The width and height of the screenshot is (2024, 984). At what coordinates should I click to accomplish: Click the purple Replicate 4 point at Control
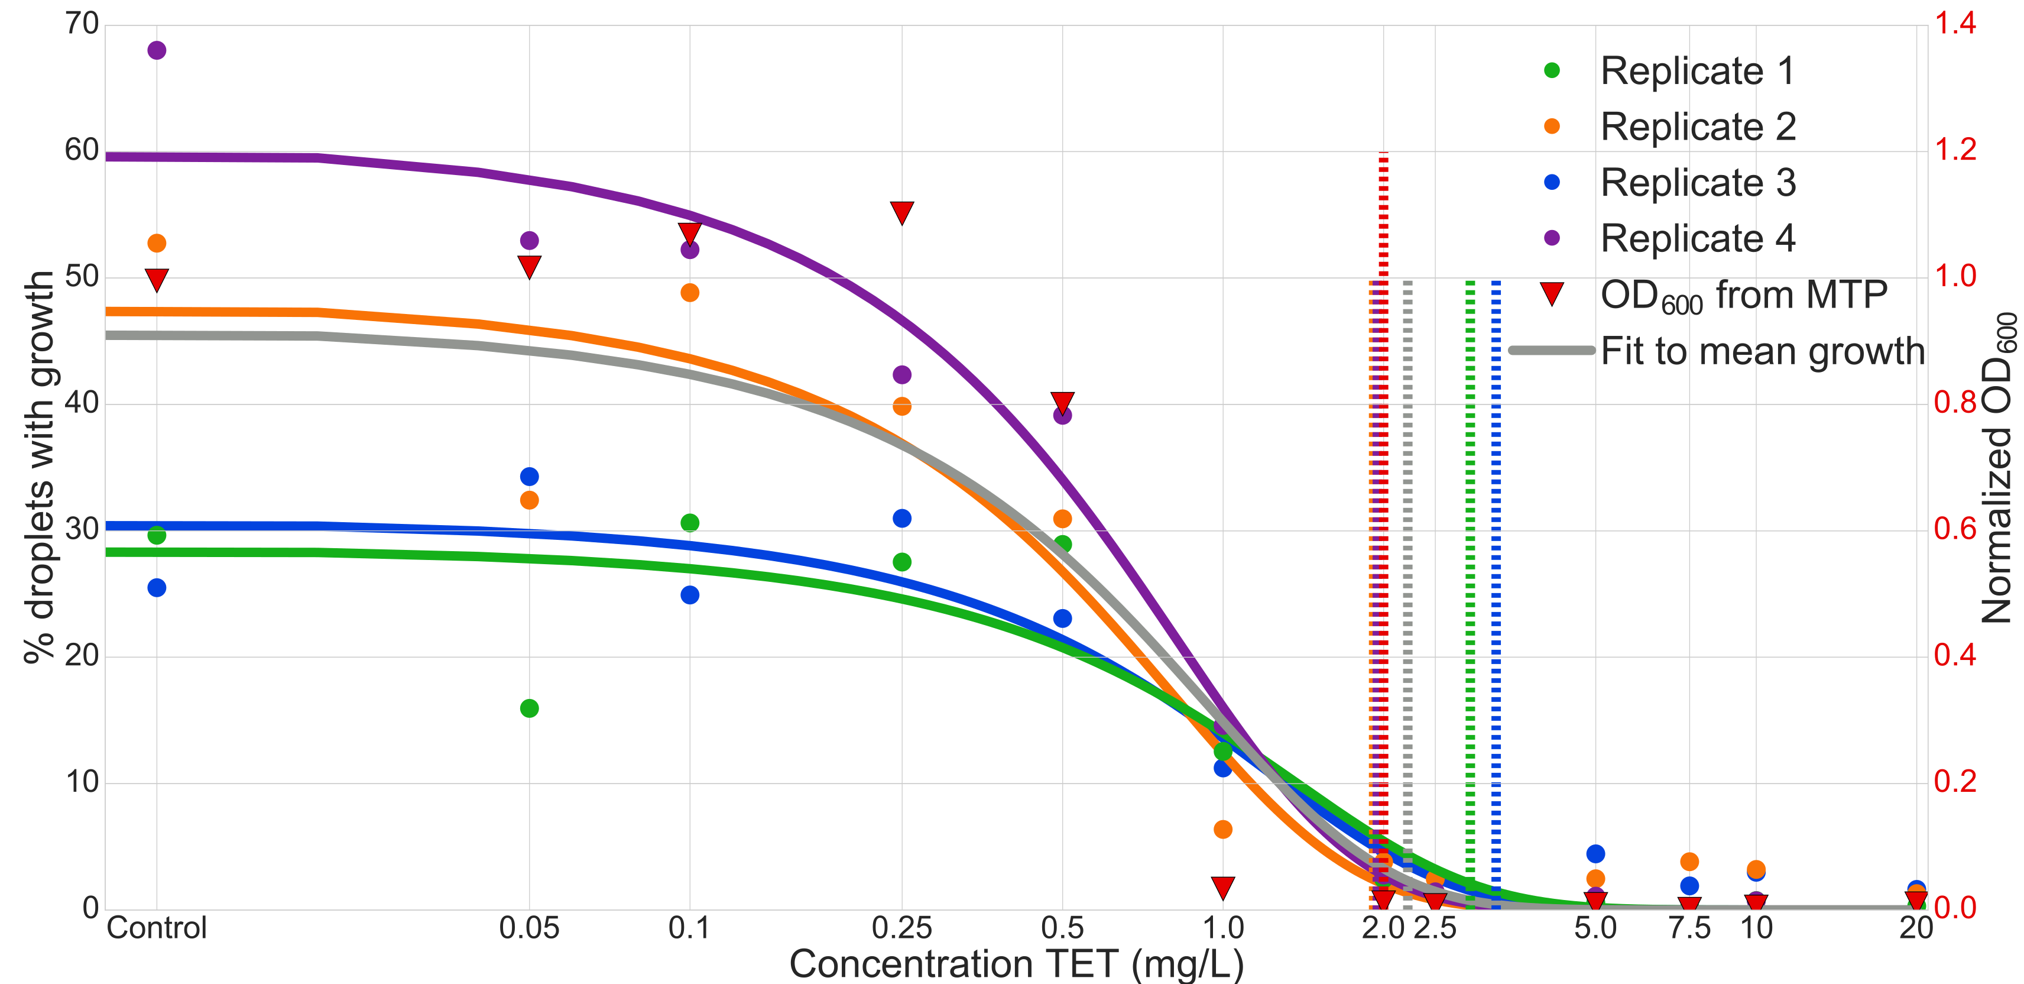157,50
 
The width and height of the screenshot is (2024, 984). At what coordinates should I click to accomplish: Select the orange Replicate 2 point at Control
157,243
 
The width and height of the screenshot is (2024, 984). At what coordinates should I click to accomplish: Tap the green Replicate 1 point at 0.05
529,708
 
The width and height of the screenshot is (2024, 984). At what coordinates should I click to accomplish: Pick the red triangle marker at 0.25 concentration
901,212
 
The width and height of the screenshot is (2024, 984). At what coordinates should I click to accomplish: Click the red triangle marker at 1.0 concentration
1222,888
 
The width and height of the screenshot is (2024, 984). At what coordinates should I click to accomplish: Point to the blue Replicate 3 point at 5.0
1595,853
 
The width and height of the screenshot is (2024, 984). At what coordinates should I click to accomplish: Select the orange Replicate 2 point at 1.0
1222,829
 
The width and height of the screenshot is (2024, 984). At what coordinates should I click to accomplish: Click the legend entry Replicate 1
1697,71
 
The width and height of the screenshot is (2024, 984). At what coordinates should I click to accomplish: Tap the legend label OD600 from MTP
1743,296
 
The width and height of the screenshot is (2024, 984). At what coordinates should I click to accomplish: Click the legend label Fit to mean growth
1762,351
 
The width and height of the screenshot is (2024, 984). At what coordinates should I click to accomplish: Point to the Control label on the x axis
157,928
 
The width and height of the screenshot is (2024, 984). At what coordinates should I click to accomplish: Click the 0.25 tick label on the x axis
901,928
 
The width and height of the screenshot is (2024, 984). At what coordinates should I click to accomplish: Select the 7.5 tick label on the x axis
1689,928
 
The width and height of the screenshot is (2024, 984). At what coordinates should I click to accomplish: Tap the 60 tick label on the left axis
82,150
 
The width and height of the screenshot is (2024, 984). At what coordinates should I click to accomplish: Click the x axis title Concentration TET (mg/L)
1016,964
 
